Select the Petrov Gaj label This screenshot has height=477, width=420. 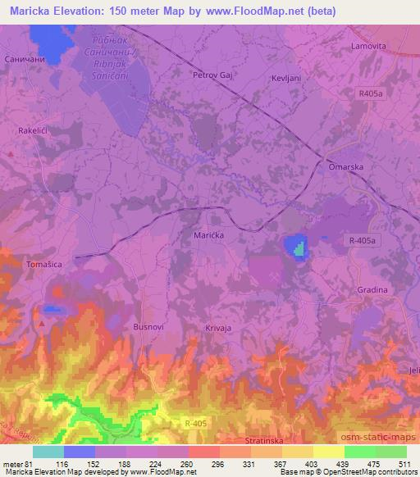pyautogui.click(x=209, y=75)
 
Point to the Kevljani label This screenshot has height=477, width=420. pyautogui.click(x=284, y=78)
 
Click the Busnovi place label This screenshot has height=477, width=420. pyautogui.click(x=148, y=326)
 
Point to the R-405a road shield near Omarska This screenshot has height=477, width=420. pyautogui.click(x=362, y=240)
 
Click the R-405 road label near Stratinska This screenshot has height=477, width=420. pyautogui.click(x=194, y=422)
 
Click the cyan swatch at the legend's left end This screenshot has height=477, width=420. pyautogui.click(x=48, y=452)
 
